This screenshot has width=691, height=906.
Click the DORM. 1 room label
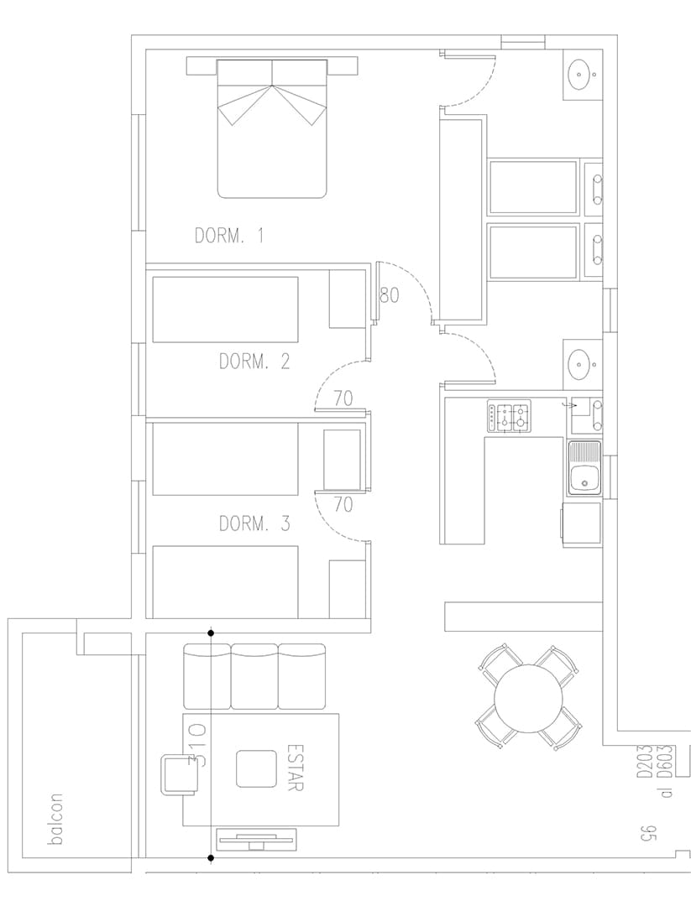229,236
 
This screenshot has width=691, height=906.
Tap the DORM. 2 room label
254,362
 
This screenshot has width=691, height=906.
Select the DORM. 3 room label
254,524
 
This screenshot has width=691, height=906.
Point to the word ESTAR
295,766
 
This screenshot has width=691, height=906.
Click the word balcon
56,820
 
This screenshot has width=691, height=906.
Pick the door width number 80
389,295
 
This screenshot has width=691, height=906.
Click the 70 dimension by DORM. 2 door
343,398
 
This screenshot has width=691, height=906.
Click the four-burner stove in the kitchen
510,417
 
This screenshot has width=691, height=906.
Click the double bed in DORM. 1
272,128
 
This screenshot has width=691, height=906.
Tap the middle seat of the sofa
254,677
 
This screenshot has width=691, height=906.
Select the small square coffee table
255,769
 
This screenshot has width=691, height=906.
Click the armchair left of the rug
179,775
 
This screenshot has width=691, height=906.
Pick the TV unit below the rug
255,840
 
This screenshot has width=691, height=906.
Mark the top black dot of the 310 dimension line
211,634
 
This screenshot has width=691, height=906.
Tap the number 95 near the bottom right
647,835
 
